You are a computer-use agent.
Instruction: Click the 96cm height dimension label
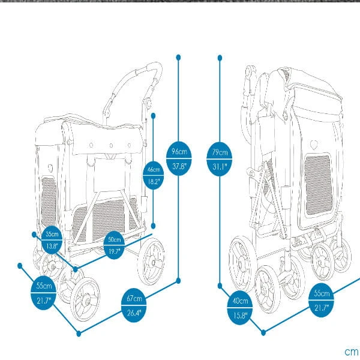click(179, 158)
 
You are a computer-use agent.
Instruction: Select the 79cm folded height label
click(219, 160)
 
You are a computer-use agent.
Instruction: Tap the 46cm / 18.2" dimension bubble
click(154, 175)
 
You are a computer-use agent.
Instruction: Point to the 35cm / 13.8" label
click(52, 240)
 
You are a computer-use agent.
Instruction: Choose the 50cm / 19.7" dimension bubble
click(114, 245)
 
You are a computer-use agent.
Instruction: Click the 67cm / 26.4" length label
click(134, 305)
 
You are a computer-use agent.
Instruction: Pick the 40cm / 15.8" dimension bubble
click(240, 308)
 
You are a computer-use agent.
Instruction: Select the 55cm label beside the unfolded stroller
click(43, 293)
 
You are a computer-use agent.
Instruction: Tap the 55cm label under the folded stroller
click(321, 300)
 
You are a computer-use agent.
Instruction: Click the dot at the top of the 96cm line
click(179, 57)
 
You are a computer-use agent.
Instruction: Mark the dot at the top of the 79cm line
click(220, 58)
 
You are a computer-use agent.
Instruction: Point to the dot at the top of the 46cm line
click(154, 116)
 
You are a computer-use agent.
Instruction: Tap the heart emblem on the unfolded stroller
click(50, 168)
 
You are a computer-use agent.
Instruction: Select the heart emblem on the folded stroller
click(314, 145)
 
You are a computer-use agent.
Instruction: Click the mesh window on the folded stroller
click(318, 185)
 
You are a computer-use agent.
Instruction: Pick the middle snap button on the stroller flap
click(111, 146)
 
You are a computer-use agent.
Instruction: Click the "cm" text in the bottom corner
click(351, 352)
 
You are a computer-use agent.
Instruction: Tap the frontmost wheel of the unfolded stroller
click(85, 299)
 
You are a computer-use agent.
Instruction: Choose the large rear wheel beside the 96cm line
click(151, 262)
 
